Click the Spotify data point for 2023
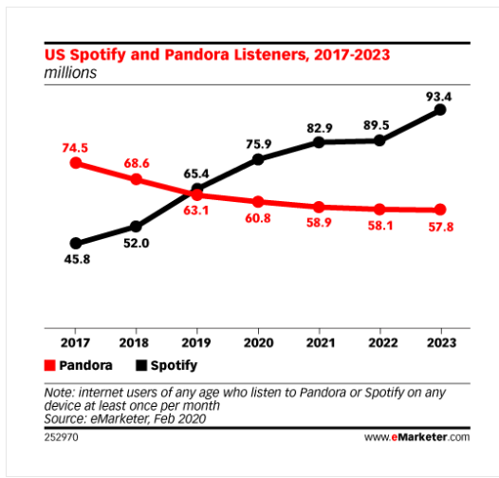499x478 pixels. [x=440, y=110]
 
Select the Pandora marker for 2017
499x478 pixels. [x=75, y=162]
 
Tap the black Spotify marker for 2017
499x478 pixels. [x=75, y=243]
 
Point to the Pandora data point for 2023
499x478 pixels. [x=440, y=210]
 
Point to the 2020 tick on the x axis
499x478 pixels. [x=258, y=341]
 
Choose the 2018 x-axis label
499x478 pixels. [x=137, y=341]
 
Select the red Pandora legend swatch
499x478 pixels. [x=49, y=364]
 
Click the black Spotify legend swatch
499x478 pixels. [x=139, y=364]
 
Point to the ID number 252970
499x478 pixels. [x=62, y=437]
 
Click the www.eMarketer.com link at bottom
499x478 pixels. [x=416, y=437]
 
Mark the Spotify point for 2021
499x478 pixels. [x=319, y=142]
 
